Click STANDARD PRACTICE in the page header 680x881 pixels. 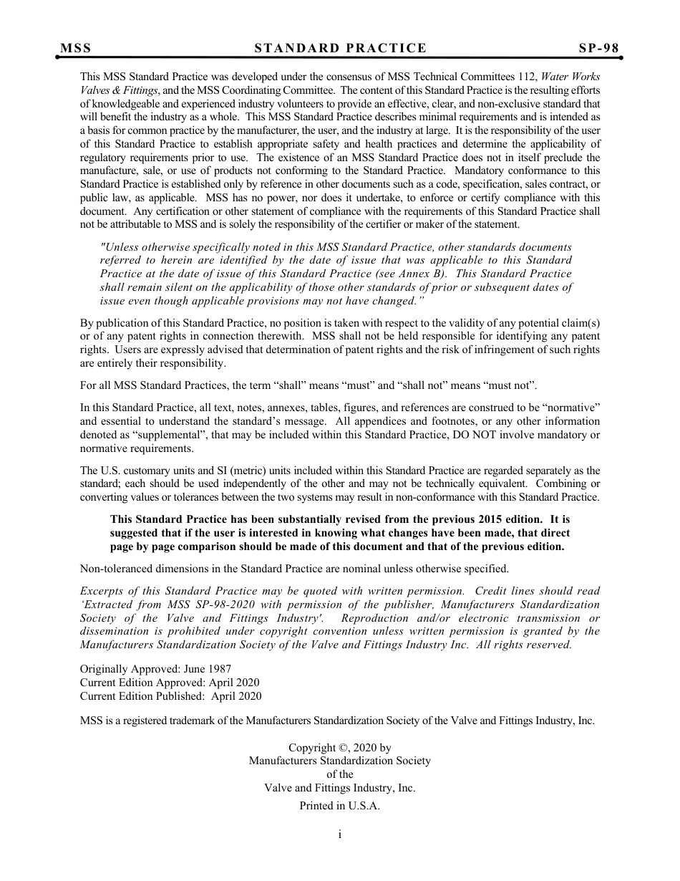tap(340, 48)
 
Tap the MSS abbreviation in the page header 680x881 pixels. tap(75, 48)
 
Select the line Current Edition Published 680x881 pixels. tap(170, 696)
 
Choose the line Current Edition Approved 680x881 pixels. tap(170, 683)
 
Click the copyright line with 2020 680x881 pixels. tap(339, 748)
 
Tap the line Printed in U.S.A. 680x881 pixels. tap(339, 806)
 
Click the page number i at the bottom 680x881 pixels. tap(340, 834)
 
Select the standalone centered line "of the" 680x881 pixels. tap(339, 774)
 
